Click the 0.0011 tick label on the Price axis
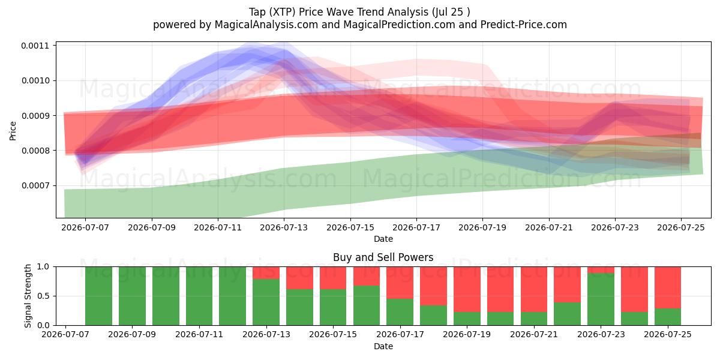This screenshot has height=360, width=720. coord(35,46)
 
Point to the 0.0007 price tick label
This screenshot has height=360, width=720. coord(35,185)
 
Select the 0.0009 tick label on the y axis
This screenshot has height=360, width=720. coord(35,116)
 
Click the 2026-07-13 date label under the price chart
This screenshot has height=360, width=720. coord(284,227)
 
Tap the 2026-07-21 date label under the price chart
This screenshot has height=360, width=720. coord(549,227)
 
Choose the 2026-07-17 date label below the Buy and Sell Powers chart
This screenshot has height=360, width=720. coord(400,334)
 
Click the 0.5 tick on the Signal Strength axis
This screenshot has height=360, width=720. coord(43,296)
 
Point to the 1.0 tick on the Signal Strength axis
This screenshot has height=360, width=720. coord(43,267)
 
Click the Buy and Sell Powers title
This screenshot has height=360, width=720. coord(383,257)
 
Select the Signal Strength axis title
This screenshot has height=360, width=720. coord(28,296)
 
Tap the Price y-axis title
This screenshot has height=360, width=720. coord(13,131)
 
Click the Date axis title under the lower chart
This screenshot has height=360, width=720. coord(383,346)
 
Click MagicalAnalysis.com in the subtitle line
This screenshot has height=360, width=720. coord(266,25)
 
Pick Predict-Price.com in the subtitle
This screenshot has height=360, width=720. coord(524,25)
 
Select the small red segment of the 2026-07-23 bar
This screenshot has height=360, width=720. coord(601,270)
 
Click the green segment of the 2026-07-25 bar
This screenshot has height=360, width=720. coord(668,317)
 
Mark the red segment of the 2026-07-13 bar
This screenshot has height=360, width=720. coord(266,273)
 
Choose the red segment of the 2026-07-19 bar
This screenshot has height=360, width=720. coord(467,289)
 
